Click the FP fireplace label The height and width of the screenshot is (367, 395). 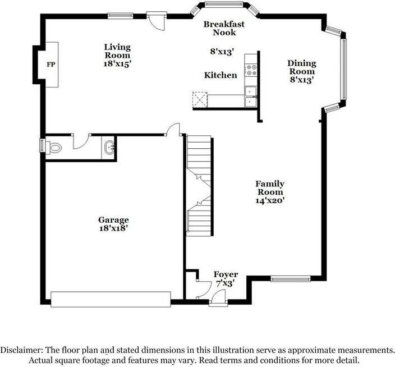(x=51, y=65)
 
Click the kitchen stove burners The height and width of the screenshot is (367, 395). (x=251, y=70)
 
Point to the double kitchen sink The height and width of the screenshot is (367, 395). (x=251, y=97)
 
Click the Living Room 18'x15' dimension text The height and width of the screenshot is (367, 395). (x=117, y=64)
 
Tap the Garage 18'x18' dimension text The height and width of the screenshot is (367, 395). (x=113, y=228)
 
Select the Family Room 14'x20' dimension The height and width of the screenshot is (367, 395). (x=270, y=200)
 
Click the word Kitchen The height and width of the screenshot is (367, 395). (x=221, y=75)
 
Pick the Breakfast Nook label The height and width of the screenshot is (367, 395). (x=224, y=28)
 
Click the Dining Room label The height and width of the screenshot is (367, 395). (x=302, y=67)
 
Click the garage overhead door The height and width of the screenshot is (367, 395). (x=111, y=299)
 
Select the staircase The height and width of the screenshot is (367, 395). (x=199, y=186)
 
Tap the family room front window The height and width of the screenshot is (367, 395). (x=291, y=278)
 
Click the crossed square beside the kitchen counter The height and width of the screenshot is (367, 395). (x=200, y=100)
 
